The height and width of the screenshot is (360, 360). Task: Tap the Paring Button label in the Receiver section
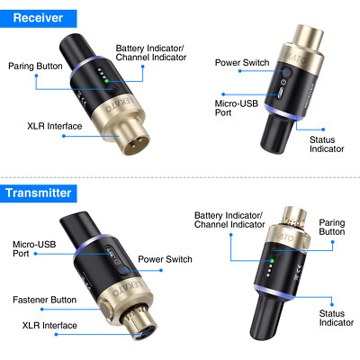[x=34, y=66]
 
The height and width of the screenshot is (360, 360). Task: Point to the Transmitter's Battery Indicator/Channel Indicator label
[x=229, y=220]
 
